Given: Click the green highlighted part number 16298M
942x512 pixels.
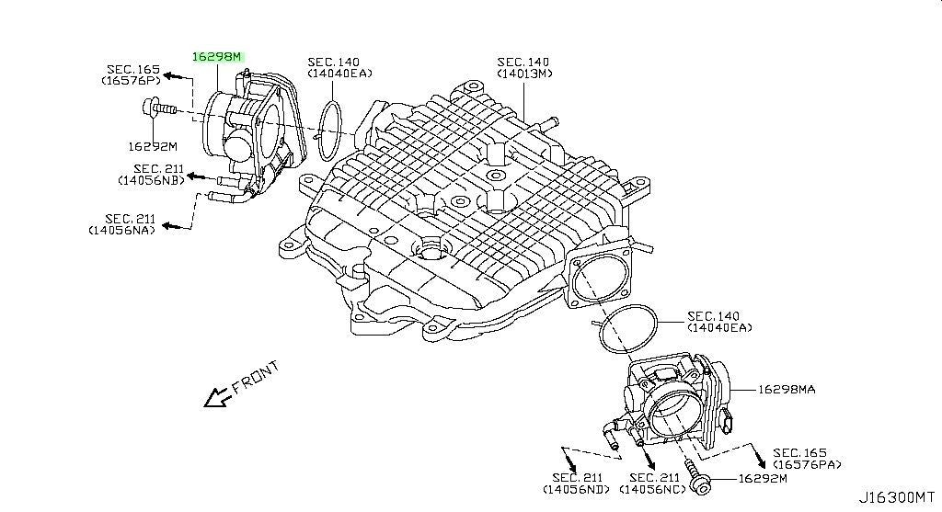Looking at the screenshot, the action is point(216,57).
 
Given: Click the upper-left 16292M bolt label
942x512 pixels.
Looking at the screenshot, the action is point(153,146).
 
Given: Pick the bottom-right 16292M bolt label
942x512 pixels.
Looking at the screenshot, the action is point(763,478).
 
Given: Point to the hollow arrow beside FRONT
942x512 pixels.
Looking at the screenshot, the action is point(217,397).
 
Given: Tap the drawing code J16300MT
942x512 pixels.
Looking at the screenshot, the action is point(896,497).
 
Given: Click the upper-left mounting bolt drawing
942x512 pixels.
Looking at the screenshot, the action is point(157,108).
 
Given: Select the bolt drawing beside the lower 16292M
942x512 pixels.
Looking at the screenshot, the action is point(698,476).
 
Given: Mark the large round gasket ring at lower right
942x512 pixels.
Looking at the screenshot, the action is point(600,329).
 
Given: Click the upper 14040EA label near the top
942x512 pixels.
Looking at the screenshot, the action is point(340,68).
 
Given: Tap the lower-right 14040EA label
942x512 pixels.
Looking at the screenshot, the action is point(719,322).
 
